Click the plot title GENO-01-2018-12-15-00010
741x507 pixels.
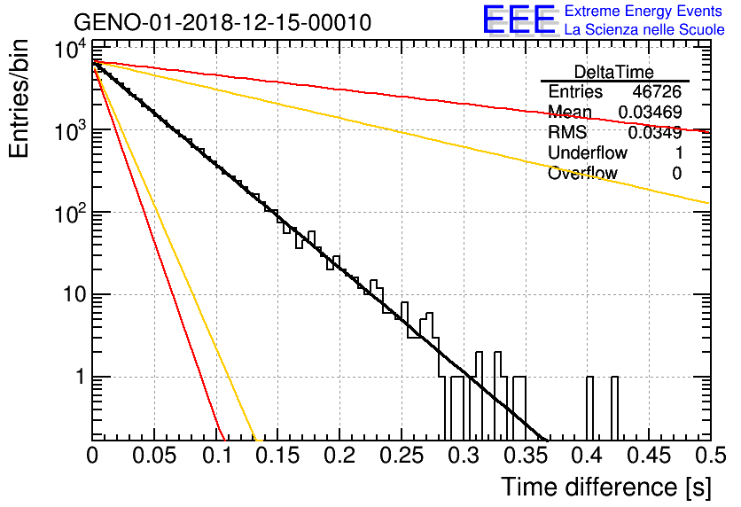click(x=222, y=22)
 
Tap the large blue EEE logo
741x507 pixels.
click(x=519, y=19)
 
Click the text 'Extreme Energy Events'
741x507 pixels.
click(x=643, y=11)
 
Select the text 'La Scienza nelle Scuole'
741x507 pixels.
click(x=644, y=29)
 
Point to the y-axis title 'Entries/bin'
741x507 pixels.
click(x=19, y=98)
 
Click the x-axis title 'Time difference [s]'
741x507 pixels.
click(x=606, y=487)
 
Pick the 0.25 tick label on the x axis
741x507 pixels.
click(x=402, y=456)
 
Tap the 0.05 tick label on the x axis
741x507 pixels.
click(x=154, y=456)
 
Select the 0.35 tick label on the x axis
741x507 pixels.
click(x=526, y=456)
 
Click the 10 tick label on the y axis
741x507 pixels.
click(x=74, y=295)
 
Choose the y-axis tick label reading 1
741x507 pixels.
click(x=80, y=377)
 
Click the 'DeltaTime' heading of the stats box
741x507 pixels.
click(x=614, y=73)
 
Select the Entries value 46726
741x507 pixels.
click(x=657, y=91)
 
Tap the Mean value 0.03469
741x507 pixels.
click(x=651, y=112)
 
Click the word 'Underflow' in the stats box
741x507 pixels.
click(x=588, y=152)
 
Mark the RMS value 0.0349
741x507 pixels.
click(x=655, y=133)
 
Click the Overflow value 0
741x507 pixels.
click(x=676, y=174)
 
